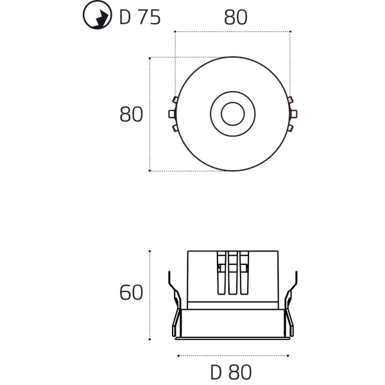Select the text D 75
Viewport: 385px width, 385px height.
(x=140, y=17)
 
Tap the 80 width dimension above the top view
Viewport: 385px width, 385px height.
(x=235, y=17)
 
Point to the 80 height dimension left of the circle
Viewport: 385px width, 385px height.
(x=131, y=115)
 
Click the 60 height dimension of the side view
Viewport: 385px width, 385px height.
(x=131, y=293)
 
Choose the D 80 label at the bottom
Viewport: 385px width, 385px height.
(x=231, y=372)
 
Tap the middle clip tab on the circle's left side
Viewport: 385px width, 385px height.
(x=171, y=114)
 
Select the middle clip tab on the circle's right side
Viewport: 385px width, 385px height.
(x=293, y=114)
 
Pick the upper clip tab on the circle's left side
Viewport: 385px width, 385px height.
(x=174, y=100)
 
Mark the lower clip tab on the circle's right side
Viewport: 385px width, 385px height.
(x=290, y=128)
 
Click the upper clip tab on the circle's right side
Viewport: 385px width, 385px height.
(x=290, y=100)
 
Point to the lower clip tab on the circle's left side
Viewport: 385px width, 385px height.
(x=174, y=128)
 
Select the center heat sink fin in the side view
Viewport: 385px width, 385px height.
(x=232, y=273)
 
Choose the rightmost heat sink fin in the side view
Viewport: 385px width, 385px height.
(x=243, y=273)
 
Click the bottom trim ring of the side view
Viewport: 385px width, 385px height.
(x=232, y=324)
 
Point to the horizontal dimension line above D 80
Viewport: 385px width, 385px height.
(x=232, y=354)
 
